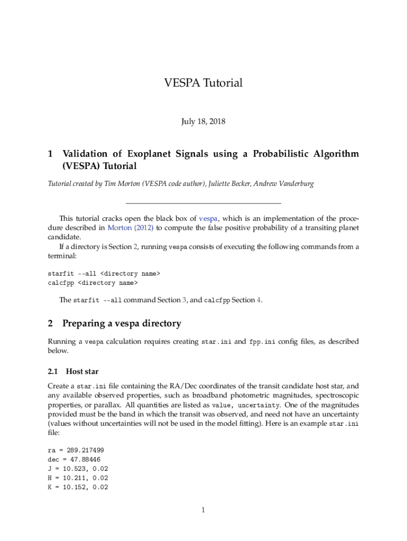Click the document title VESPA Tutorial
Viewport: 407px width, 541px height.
[x=203, y=83]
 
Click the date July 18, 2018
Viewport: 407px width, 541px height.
[x=203, y=122]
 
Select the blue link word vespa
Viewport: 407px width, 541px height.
[x=208, y=218]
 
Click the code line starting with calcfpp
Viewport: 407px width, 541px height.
[x=92, y=283]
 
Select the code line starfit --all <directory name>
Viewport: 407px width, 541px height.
[x=104, y=274]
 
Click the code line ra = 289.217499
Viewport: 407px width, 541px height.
[x=76, y=450]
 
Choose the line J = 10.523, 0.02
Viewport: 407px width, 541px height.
[x=78, y=469]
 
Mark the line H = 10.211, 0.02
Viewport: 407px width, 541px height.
[x=78, y=478]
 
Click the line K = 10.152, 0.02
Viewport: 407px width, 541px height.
[x=78, y=488]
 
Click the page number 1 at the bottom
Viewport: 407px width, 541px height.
[x=203, y=510]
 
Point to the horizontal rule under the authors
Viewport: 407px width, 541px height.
[x=203, y=203]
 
